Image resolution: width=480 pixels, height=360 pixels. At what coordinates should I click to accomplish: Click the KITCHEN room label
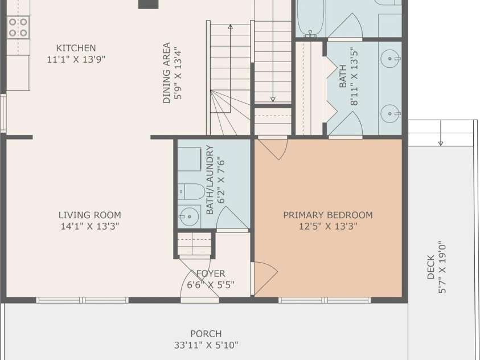pyautogui.click(x=76, y=48)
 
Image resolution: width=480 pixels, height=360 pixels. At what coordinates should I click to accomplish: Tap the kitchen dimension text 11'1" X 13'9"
pyautogui.click(x=76, y=59)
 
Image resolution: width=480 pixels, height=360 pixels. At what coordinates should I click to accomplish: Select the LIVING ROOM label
pyautogui.click(x=90, y=215)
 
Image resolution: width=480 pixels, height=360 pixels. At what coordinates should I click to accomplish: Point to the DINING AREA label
pyautogui.click(x=166, y=73)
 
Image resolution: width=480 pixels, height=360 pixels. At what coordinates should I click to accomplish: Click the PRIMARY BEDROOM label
pyautogui.click(x=328, y=215)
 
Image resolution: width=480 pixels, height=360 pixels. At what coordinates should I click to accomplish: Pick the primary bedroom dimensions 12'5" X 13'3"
pyautogui.click(x=328, y=226)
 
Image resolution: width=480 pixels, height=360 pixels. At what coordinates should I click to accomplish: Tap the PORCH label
pyautogui.click(x=206, y=334)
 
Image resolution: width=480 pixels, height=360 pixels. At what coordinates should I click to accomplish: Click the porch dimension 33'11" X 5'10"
pyautogui.click(x=206, y=345)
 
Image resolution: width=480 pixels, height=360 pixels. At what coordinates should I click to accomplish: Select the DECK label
pyautogui.click(x=430, y=267)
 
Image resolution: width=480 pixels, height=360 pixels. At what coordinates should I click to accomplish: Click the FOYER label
pyautogui.click(x=211, y=273)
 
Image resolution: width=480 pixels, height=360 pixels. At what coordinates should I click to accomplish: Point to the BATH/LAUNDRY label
pyautogui.click(x=210, y=179)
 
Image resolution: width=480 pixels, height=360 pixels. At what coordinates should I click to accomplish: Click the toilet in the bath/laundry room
pyautogui.click(x=191, y=191)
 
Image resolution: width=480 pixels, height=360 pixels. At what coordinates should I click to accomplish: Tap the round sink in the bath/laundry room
pyautogui.click(x=189, y=216)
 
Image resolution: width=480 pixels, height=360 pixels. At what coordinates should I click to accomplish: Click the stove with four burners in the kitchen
pyautogui.click(x=18, y=27)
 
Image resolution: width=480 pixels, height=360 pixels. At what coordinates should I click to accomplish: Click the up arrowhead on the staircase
pyautogui.click(x=230, y=27)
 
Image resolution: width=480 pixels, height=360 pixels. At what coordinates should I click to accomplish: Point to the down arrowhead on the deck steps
pyautogui.click(x=441, y=144)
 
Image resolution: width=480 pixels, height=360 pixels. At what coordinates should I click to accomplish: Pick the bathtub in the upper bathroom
pyautogui.click(x=310, y=18)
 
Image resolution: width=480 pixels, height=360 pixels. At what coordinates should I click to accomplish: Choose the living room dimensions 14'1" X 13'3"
pyautogui.click(x=90, y=226)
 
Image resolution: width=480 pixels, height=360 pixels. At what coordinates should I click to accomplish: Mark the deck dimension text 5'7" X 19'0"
pyautogui.click(x=442, y=267)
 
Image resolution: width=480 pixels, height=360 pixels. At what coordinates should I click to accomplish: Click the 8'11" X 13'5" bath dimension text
pyautogui.click(x=354, y=76)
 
